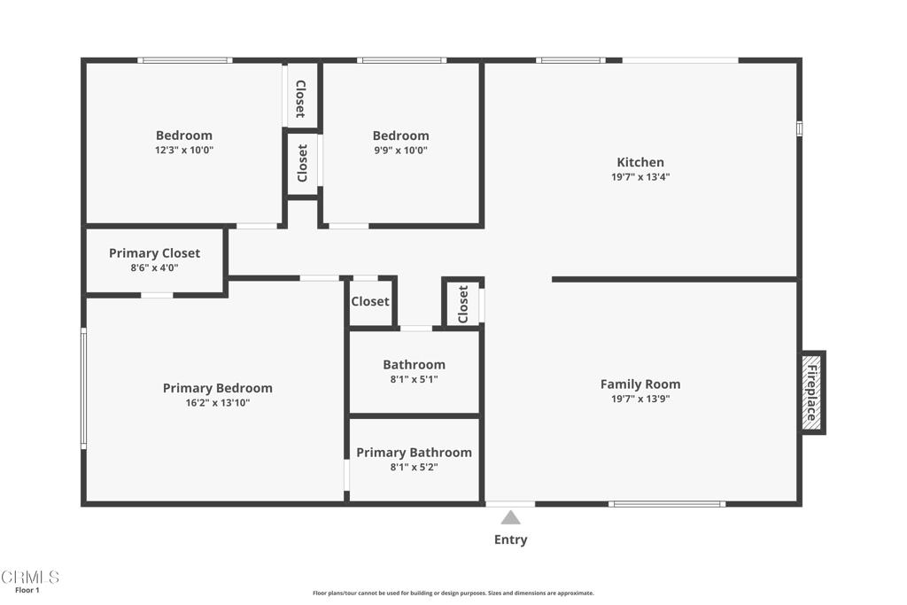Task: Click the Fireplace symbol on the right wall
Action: [812, 392]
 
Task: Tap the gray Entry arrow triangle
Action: [510, 518]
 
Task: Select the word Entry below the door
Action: [510, 539]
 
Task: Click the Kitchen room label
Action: [640, 162]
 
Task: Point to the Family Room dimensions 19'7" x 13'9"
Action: [640, 399]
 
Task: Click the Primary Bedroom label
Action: [217, 388]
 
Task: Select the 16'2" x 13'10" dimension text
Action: [217, 403]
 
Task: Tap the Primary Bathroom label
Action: [414, 453]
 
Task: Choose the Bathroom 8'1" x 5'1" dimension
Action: [414, 379]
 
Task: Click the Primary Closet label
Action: [154, 253]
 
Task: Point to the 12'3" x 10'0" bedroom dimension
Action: [184, 151]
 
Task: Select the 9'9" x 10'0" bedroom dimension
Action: [400, 151]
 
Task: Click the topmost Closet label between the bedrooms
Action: [300, 98]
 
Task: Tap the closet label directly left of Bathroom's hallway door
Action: [369, 301]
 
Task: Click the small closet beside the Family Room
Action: [462, 304]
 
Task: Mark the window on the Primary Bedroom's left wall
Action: [84, 388]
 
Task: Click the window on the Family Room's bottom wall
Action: [666, 504]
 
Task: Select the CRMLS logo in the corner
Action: [30, 577]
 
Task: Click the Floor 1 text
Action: [27, 590]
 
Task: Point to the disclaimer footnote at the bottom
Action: [453, 593]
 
